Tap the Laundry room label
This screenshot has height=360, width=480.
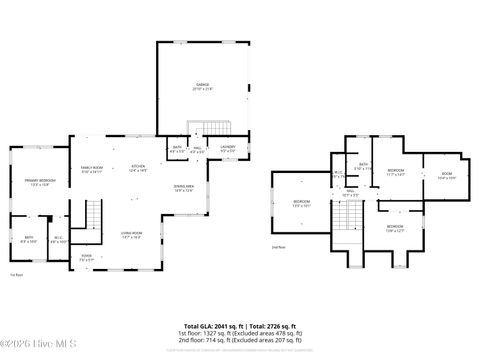(228, 151)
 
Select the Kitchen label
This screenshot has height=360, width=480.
(139, 169)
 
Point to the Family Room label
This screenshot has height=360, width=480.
(91, 169)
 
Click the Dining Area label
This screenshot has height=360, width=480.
(183, 188)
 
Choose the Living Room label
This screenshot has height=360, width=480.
(132, 236)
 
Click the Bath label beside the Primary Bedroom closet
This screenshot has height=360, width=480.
(28, 239)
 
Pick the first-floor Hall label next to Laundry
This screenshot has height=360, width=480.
(198, 151)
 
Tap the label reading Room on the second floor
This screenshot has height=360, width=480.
(447, 176)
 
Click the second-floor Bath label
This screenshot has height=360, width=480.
(364, 166)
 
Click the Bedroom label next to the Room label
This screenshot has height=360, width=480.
(396, 173)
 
